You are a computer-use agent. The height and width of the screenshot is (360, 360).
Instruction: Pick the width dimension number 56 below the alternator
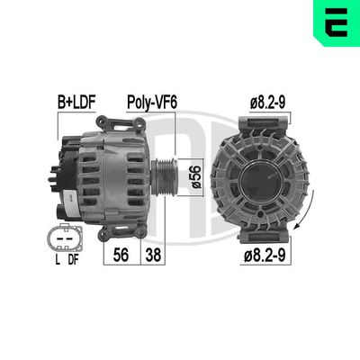point(121,256)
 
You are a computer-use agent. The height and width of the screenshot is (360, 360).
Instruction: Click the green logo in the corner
point(334,25)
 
